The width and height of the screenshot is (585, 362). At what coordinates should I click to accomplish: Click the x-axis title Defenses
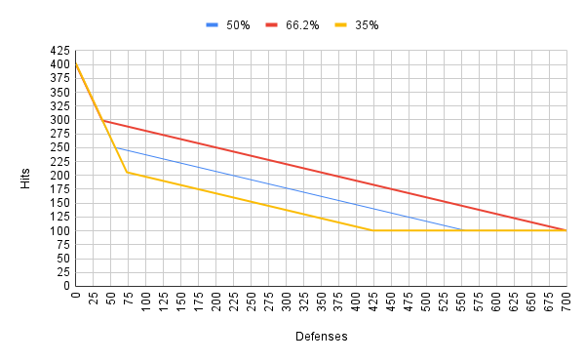pyautogui.click(x=321, y=336)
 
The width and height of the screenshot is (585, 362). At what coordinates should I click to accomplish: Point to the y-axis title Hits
pyautogui.click(x=26, y=177)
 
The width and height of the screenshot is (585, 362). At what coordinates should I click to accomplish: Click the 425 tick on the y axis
pyautogui.click(x=59, y=51)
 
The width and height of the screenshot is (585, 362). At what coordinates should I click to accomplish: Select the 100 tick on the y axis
pyautogui.click(x=59, y=231)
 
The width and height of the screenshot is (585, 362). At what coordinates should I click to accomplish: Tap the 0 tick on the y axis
pyautogui.click(x=65, y=287)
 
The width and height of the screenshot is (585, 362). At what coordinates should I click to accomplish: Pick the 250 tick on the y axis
pyautogui.click(x=59, y=148)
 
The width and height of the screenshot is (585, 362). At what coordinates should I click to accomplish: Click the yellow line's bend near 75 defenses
pyautogui.click(x=127, y=172)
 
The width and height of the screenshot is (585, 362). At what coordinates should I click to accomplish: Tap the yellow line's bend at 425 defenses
pyautogui.click(x=373, y=230)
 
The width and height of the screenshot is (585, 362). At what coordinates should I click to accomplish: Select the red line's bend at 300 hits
pyautogui.click(x=103, y=120)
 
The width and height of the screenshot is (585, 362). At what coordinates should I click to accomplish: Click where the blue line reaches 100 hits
pyautogui.click(x=461, y=230)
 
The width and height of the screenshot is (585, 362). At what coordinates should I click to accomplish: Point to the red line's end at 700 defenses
pyautogui.click(x=566, y=230)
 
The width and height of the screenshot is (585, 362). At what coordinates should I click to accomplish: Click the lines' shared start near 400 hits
pyautogui.click(x=75, y=62)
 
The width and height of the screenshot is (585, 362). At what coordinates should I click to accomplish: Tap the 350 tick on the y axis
pyautogui.click(x=59, y=93)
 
